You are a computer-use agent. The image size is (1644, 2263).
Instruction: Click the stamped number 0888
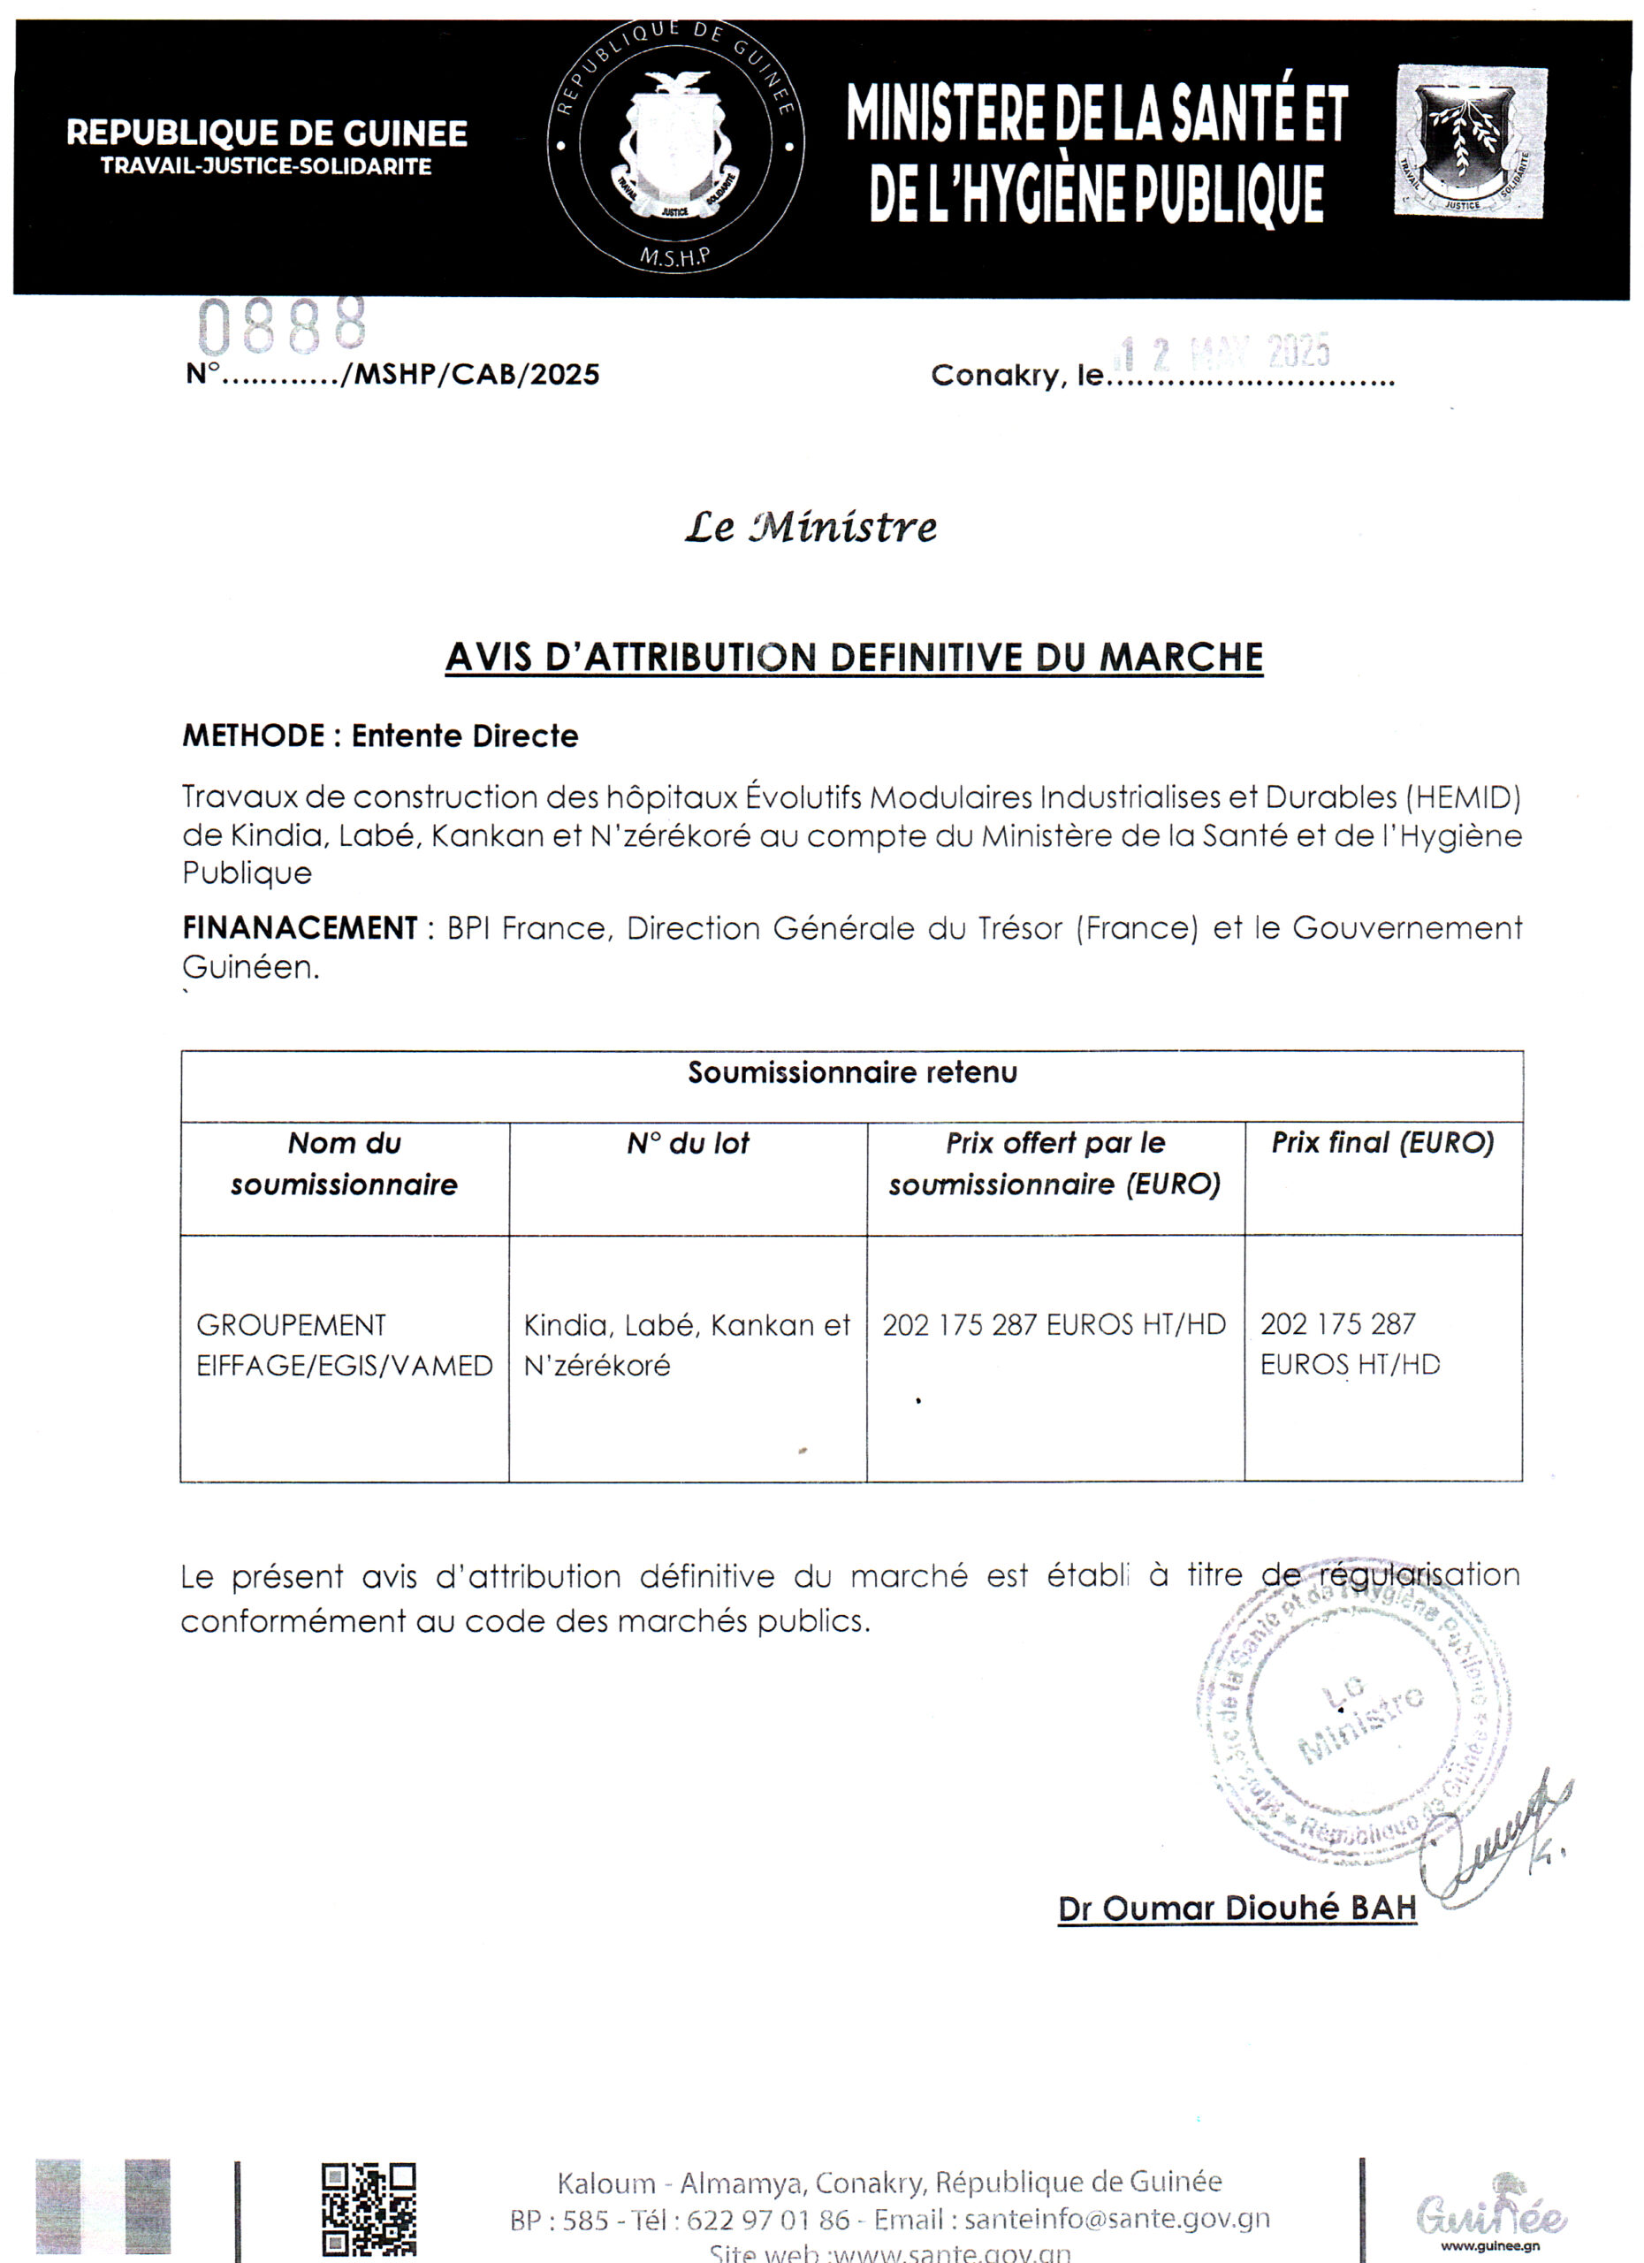[x=282, y=326]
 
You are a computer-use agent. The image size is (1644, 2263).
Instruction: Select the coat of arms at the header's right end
[x=1471, y=141]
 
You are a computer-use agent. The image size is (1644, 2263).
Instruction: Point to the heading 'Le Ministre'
[x=810, y=527]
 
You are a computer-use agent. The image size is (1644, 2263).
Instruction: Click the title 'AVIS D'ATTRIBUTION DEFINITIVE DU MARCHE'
[x=854, y=658]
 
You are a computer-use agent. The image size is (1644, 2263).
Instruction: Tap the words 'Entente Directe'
[x=465, y=736]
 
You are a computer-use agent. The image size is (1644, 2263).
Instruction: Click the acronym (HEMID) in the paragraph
[x=1464, y=797]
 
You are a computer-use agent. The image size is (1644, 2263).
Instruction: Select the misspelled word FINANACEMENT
[x=300, y=928]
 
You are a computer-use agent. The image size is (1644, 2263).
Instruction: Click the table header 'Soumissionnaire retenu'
[x=853, y=1072]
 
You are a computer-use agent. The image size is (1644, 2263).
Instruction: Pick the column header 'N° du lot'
[x=688, y=1144]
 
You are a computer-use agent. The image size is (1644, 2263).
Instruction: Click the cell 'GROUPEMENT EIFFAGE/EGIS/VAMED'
[x=344, y=1345]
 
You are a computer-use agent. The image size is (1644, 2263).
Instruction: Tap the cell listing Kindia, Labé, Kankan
[x=687, y=1345]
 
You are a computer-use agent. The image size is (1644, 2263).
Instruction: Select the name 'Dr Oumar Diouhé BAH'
[x=1237, y=1908]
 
